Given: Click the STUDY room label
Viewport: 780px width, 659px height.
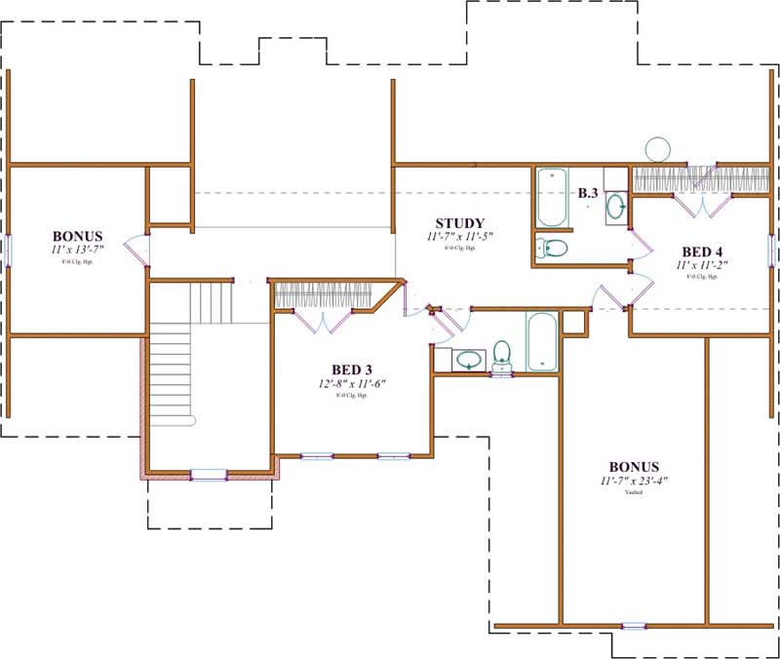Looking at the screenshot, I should point(459,223).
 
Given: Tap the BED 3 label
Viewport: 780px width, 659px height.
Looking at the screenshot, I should point(351,369).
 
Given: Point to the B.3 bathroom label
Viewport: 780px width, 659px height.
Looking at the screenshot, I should point(587,194).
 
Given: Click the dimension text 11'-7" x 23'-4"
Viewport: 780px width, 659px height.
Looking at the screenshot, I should point(634,481).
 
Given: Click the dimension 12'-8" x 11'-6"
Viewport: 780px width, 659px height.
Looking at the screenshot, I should point(351,383).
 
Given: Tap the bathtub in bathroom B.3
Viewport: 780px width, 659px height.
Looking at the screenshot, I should point(552,196).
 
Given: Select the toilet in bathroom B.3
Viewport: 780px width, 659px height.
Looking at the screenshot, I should point(552,248).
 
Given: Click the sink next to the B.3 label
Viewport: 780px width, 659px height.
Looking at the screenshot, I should point(616,207).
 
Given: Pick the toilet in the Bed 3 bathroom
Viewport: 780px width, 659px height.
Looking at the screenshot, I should point(502,353).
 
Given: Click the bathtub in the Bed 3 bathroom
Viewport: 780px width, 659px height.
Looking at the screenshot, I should point(542,341).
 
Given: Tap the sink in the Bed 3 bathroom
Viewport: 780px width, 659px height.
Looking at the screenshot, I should point(468,360).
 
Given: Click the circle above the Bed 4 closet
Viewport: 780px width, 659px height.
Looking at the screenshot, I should point(657,150).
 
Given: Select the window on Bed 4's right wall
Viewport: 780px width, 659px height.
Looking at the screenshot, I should point(771,250).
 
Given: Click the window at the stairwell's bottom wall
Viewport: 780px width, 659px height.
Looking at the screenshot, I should point(208,475).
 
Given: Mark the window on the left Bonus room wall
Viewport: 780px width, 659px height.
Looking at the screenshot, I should point(8,250).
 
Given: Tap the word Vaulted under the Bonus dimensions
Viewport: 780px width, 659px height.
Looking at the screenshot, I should point(634,493).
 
